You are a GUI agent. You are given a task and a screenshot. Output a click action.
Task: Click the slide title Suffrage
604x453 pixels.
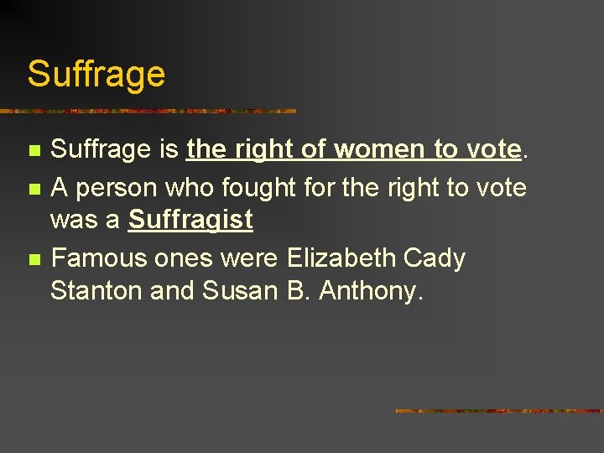tap(96, 74)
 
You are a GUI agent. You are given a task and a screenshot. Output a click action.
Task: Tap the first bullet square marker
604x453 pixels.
tap(34, 152)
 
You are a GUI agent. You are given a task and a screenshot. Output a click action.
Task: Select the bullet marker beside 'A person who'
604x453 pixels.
tap(34, 188)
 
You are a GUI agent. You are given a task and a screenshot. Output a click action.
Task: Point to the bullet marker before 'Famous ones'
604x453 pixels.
tap(34, 259)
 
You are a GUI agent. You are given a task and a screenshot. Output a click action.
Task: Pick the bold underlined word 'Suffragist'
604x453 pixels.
tap(190, 221)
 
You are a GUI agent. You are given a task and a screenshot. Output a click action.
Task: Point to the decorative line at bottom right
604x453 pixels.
tap(499, 411)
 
